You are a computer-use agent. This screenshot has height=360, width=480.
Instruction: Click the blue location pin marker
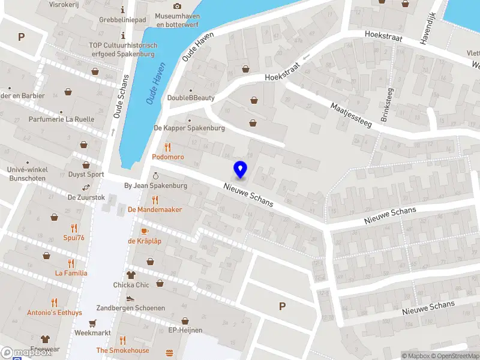click(240, 170)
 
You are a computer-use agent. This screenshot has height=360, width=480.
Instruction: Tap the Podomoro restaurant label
click(167, 157)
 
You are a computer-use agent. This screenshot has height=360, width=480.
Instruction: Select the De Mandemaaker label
click(155, 209)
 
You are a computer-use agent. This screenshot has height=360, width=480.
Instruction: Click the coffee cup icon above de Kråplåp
click(144, 231)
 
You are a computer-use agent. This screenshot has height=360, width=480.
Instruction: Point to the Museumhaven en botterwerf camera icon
click(177, 6)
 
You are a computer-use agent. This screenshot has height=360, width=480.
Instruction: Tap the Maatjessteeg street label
click(352, 114)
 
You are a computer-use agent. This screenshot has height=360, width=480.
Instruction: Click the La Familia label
click(71, 273)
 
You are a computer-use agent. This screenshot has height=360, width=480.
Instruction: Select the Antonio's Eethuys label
click(54, 313)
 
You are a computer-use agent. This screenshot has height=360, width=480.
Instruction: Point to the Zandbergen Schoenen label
click(131, 308)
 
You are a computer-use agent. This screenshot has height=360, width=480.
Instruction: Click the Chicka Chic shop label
click(131, 285)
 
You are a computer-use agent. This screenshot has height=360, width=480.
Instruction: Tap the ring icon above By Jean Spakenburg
click(155, 175)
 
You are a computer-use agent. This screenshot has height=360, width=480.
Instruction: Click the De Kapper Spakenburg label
click(189, 128)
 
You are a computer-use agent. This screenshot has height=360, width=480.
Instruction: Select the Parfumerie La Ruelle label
click(61, 119)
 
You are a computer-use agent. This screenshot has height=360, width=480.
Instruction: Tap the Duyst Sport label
click(86, 175)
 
